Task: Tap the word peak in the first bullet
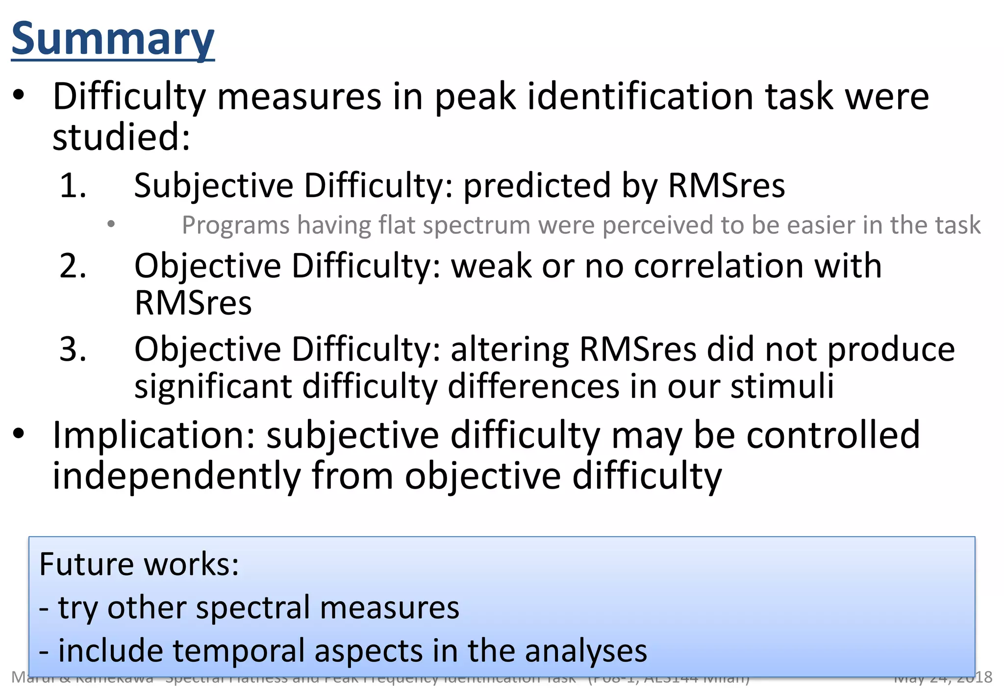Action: coord(475,97)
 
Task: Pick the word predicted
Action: coord(536,186)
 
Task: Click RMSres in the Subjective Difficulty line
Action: coord(726,186)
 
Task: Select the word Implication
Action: coord(153,435)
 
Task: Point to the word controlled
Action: coord(833,435)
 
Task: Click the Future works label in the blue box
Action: coord(139,564)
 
